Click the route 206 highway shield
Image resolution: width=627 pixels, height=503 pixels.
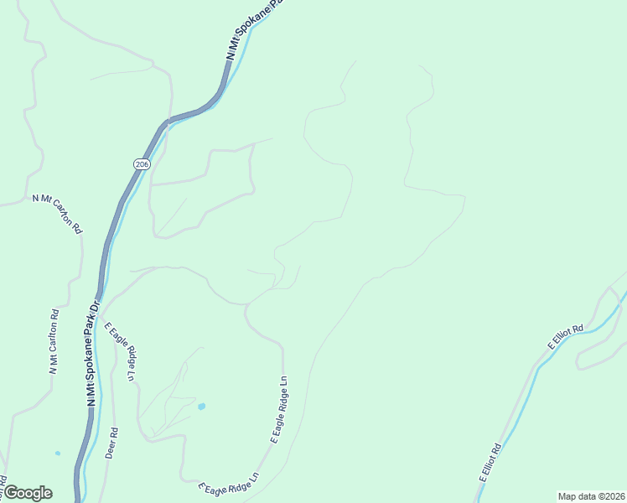(x=141, y=164)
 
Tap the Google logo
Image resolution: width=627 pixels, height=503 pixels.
(x=28, y=493)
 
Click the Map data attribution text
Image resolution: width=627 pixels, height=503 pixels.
(x=591, y=495)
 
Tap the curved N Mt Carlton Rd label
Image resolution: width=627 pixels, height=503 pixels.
(x=58, y=213)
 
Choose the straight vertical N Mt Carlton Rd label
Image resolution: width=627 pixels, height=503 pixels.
(x=54, y=342)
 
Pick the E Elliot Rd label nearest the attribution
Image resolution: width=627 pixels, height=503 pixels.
(x=490, y=463)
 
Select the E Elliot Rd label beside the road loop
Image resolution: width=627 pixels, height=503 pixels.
(x=567, y=334)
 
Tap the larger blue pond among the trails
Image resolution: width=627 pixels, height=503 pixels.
(x=201, y=407)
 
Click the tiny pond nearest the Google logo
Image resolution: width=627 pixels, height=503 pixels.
(x=58, y=454)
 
